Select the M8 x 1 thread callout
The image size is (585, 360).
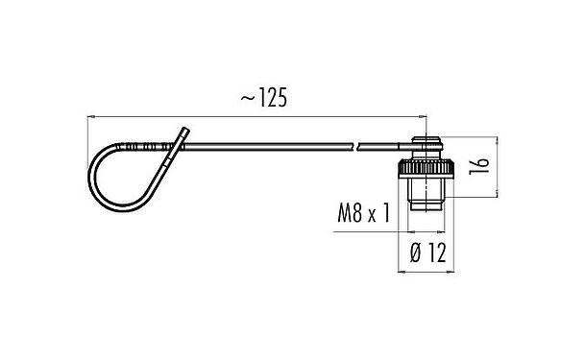(362, 213)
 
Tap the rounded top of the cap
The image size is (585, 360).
(425, 146)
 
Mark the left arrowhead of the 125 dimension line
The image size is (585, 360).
(92, 116)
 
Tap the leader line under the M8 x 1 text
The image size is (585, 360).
(370, 231)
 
